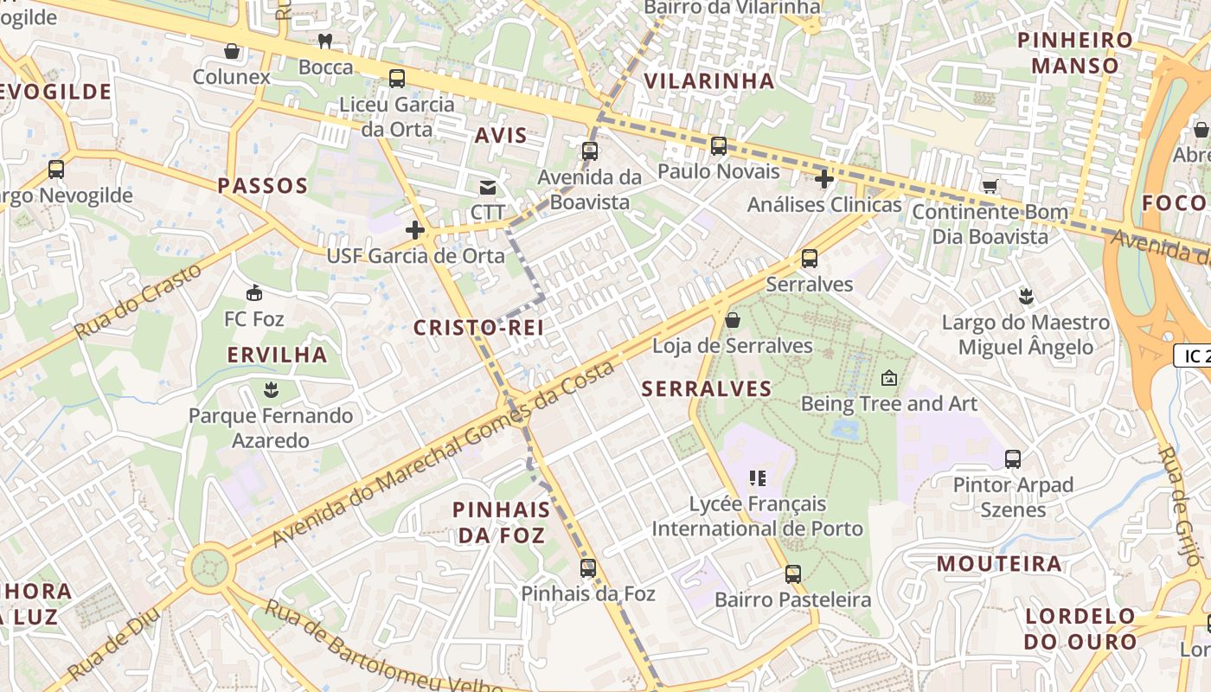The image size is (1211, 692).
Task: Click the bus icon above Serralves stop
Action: (810, 258)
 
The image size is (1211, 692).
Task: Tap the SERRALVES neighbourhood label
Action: (707, 388)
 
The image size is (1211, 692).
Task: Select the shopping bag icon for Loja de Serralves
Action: (733, 320)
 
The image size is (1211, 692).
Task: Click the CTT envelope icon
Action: (488, 187)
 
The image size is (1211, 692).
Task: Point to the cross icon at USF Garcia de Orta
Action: (415, 230)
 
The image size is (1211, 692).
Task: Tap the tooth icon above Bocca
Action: (325, 41)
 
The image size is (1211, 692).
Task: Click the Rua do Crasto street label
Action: (138, 300)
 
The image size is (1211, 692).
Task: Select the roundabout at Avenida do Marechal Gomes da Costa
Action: (210, 567)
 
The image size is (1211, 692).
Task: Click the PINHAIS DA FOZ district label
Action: (502, 522)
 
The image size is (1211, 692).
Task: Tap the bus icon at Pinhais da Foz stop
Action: (588, 568)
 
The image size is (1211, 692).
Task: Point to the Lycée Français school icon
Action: (759, 477)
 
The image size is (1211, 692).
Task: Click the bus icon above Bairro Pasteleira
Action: (792, 573)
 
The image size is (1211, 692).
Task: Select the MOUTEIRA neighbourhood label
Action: (999, 564)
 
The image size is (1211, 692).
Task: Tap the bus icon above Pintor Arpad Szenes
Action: (1013, 459)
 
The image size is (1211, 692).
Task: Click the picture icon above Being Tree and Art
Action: (889, 378)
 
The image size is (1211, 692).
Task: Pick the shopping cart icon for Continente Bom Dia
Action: (990, 186)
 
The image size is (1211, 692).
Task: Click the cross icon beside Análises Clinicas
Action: (824, 179)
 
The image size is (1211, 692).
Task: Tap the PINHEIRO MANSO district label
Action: (1074, 52)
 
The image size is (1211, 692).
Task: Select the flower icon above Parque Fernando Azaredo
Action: (271, 389)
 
